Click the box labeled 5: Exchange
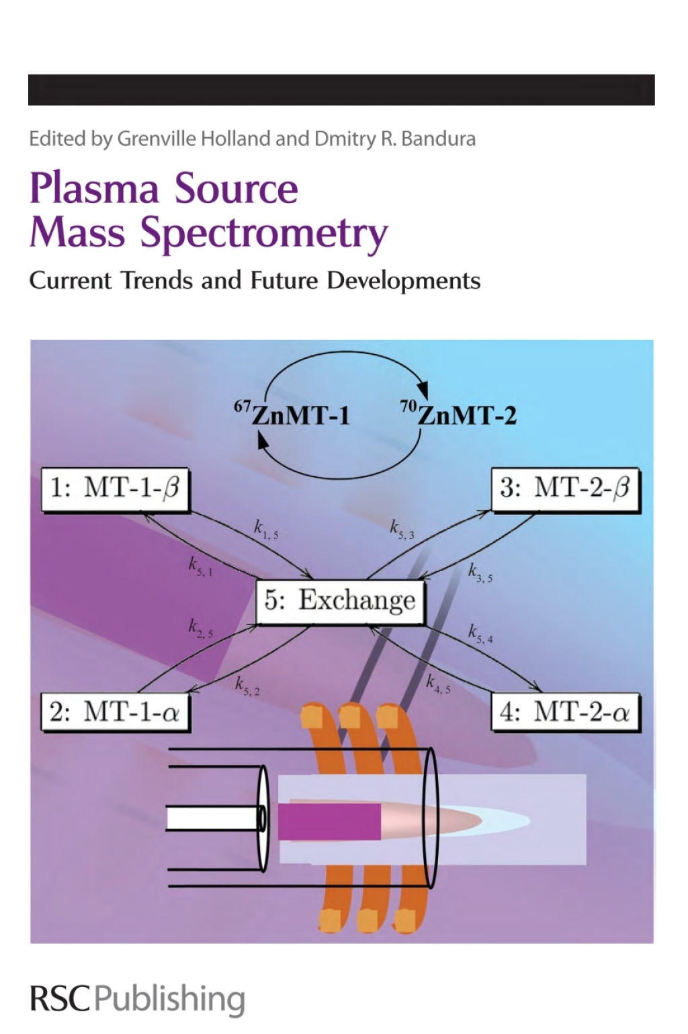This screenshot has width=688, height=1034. point(340,601)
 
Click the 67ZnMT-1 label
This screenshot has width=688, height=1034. point(292,414)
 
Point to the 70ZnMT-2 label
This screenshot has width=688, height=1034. point(459,414)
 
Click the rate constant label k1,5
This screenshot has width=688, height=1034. point(266,530)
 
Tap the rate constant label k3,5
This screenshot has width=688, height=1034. point(480,573)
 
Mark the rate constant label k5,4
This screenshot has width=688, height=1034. point(480,634)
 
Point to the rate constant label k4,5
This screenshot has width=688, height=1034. point(438,685)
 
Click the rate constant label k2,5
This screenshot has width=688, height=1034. point(200,629)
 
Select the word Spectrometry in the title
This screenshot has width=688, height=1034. point(264,234)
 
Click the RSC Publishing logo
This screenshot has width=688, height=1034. point(137,999)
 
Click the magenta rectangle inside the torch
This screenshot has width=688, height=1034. point(329,821)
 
